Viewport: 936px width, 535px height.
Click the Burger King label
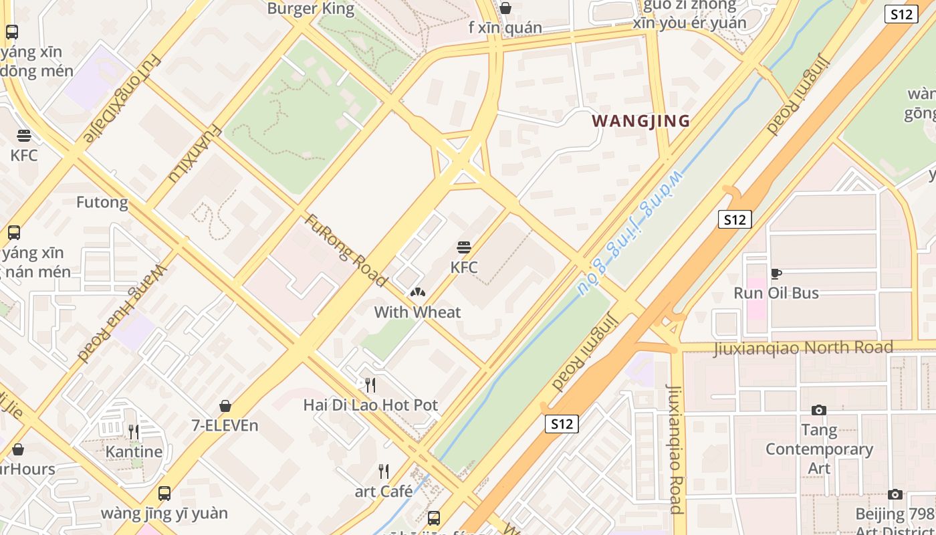click(x=310, y=9)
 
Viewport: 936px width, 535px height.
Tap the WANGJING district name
click(x=640, y=121)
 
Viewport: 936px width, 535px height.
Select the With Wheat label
click(x=417, y=312)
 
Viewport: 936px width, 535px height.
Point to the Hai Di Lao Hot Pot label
click(x=370, y=405)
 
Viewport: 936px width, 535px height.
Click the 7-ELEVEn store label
click(x=225, y=425)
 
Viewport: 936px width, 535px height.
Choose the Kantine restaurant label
click(x=134, y=451)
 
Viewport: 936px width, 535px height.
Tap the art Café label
click(x=383, y=492)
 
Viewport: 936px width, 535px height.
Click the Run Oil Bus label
click(x=776, y=293)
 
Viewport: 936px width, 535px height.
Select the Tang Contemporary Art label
click(x=819, y=449)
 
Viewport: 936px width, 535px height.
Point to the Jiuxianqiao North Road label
click(x=802, y=348)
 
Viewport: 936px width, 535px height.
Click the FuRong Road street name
click(x=346, y=250)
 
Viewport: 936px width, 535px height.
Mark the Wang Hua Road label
click(x=122, y=313)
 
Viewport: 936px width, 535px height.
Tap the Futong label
click(x=102, y=202)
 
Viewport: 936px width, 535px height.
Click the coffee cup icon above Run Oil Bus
click(x=776, y=274)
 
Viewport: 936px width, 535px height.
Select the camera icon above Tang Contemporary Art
click(x=819, y=410)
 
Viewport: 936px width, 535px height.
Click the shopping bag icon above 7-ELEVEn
click(x=225, y=406)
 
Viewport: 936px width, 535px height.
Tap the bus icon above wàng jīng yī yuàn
click(x=164, y=494)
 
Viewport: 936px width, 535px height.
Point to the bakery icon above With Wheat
click(x=417, y=292)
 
